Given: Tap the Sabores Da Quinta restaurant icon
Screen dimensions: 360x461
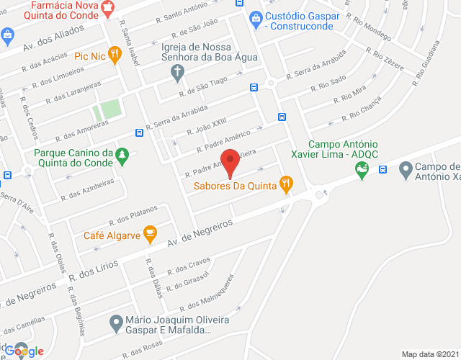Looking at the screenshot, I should click(x=287, y=184).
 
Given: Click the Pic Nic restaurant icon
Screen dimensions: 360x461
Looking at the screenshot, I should click(x=113, y=58).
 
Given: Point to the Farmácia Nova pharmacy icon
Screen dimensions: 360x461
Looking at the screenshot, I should click(x=109, y=9).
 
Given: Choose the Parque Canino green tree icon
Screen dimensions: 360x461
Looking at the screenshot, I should click(x=123, y=156).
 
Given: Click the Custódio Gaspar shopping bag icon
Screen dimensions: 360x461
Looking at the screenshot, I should click(x=254, y=17).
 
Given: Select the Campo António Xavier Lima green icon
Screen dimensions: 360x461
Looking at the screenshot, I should click(x=362, y=171).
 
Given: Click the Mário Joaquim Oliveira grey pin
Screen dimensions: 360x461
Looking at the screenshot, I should click(x=115, y=322).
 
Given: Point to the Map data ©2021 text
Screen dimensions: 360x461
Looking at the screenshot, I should click(x=429, y=354).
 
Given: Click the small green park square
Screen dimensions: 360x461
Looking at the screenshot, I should click(x=105, y=111).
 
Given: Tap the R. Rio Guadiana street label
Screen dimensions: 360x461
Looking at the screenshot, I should click(x=425, y=64).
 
